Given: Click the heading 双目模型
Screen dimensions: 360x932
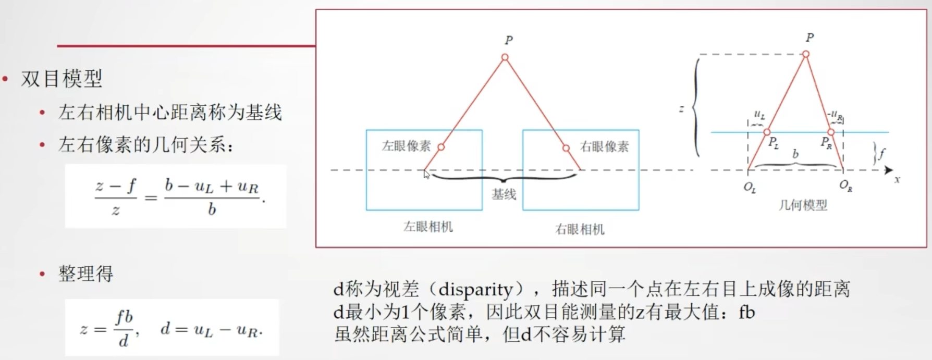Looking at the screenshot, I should [62, 79].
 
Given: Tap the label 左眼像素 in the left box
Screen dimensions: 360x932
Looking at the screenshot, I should [406, 146].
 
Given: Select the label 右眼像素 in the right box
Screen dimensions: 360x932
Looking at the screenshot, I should [604, 146].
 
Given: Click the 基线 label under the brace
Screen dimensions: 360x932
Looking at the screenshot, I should [504, 194].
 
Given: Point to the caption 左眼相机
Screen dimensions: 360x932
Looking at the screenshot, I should [428, 227].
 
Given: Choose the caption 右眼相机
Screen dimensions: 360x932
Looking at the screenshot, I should [580, 229].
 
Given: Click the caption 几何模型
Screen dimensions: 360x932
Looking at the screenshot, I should [803, 205].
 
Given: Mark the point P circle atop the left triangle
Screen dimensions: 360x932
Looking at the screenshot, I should [505, 57].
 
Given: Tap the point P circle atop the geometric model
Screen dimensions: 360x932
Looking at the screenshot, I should [806, 54].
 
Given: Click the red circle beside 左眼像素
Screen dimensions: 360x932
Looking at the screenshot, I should [441, 147].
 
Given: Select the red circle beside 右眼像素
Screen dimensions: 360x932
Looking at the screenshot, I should [566, 148].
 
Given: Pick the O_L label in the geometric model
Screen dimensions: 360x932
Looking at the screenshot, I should [750, 187].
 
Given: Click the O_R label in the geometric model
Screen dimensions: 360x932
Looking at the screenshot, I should [845, 185].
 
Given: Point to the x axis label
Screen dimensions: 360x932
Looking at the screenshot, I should [897, 180].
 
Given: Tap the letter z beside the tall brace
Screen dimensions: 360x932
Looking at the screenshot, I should [681, 109].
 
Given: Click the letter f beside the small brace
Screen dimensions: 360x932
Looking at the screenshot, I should [881, 154].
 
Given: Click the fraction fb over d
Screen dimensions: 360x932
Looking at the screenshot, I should [124, 328].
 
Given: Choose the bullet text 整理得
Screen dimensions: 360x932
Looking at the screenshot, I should [85, 274].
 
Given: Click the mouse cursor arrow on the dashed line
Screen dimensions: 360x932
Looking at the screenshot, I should [426, 174].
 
